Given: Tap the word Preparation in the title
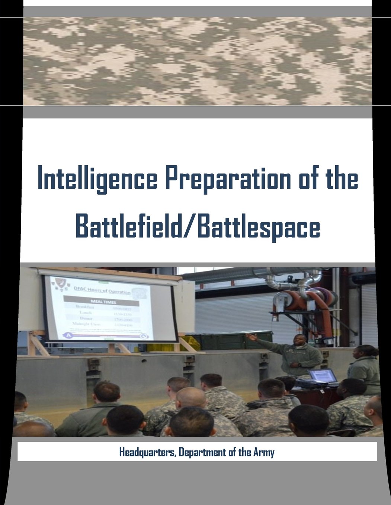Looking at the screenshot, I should point(225,180).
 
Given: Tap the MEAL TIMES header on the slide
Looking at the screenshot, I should point(100,302).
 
